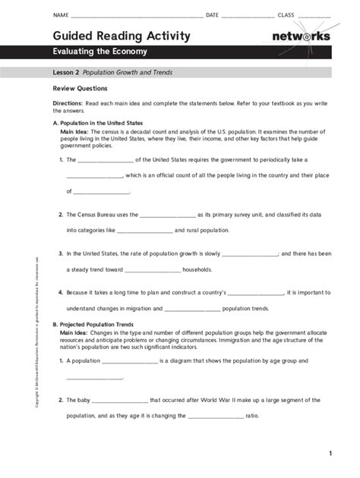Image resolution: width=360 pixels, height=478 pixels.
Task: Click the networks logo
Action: (x=301, y=36)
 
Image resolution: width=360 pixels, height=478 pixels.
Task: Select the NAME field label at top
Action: (x=60, y=15)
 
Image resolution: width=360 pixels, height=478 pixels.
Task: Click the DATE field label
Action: (x=212, y=15)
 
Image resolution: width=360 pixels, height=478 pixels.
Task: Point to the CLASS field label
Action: (x=286, y=15)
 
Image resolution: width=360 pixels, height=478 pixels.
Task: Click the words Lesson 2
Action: (x=65, y=73)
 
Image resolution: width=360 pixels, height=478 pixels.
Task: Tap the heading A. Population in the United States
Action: (x=97, y=121)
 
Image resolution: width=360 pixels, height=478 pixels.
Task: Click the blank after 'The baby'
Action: (x=119, y=400)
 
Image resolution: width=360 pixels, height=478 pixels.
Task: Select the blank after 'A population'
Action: (x=130, y=361)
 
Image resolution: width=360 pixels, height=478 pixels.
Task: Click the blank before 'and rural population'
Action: (x=145, y=230)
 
